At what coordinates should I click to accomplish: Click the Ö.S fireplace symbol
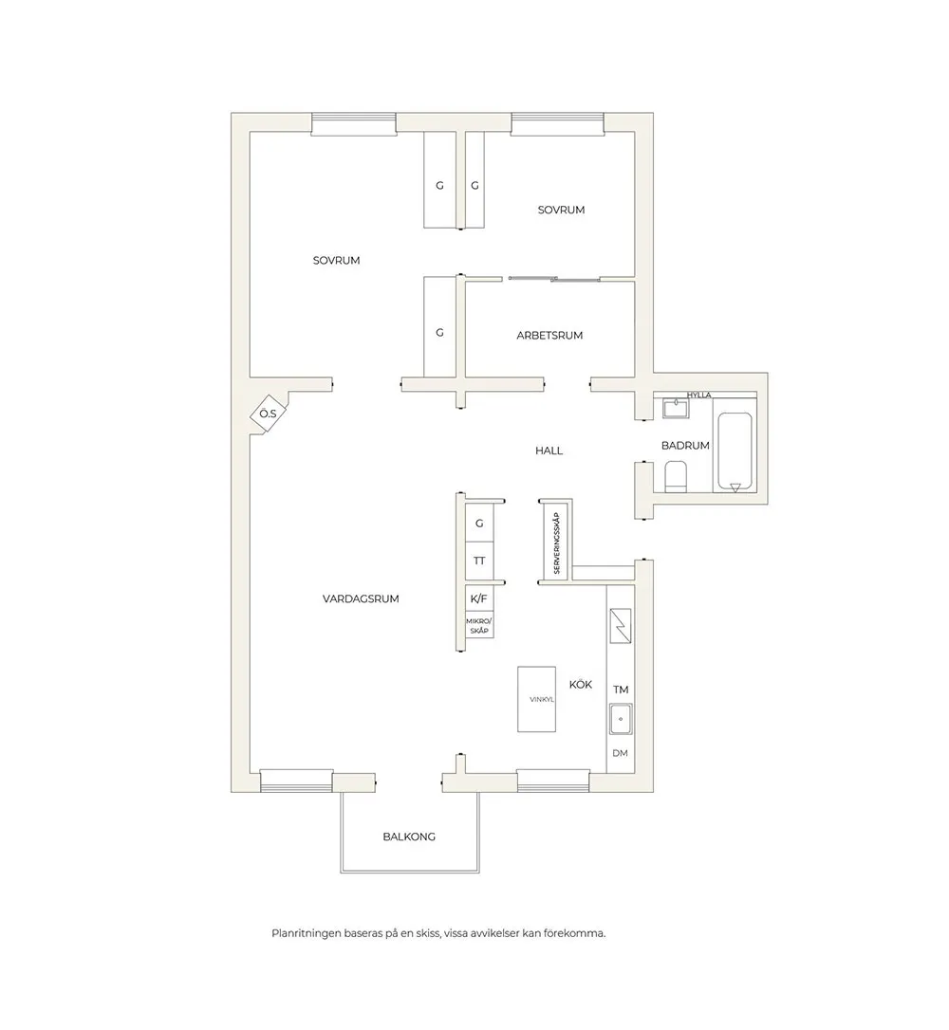click(269, 414)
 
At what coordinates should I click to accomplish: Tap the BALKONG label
click(409, 837)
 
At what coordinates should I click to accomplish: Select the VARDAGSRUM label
click(361, 598)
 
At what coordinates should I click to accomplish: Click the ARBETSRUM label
click(549, 335)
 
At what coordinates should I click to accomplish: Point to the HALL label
click(549, 451)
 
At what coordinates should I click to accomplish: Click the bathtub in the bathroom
click(735, 452)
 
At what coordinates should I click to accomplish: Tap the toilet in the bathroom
click(676, 476)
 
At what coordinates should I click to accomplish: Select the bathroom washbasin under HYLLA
click(676, 408)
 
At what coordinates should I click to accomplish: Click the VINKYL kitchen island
click(536, 699)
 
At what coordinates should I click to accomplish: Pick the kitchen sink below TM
click(621, 719)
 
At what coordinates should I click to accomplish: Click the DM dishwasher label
click(620, 753)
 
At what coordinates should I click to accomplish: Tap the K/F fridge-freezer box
click(479, 598)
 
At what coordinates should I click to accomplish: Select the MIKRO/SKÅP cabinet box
click(479, 625)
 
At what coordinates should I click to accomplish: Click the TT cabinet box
click(479, 561)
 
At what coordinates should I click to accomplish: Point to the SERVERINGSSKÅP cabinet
click(556, 542)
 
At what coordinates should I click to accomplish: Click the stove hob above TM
click(621, 626)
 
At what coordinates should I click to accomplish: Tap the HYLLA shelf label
click(698, 395)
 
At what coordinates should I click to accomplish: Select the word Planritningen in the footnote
click(307, 932)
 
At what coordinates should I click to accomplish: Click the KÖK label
click(580, 685)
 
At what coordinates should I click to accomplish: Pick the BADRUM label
click(685, 446)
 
